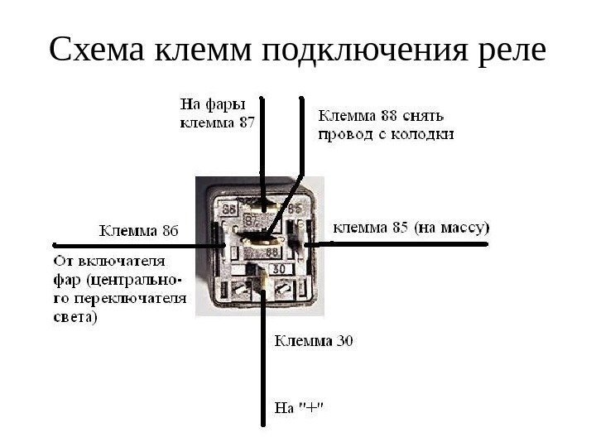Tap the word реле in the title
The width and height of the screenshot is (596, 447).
click(x=507, y=51)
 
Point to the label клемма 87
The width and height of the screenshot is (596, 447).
click(x=218, y=123)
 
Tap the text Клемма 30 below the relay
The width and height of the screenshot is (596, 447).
click(x=314, y=340)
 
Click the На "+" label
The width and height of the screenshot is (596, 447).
click(x=299, y=407)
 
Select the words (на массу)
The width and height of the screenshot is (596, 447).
click(x=451, y=226)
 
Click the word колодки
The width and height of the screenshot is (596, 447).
click(x=424, y=133)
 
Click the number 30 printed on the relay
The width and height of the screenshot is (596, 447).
click(x=279, y=269)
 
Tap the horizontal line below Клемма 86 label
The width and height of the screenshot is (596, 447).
click(x=132, y=246)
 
